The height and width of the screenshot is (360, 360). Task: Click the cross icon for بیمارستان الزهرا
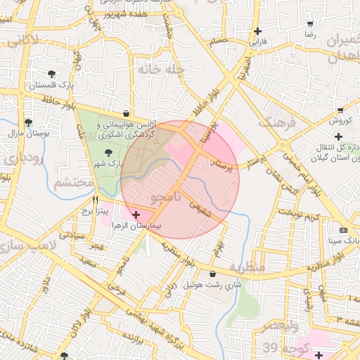(136, 214)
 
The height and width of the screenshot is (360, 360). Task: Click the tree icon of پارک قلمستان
(51, 74)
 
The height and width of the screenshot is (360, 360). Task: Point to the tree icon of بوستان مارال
(27, 122)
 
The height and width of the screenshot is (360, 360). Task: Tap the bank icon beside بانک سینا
(343, 230)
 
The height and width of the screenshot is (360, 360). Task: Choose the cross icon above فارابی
(257, 31)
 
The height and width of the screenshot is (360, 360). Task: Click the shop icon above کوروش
(340, 110)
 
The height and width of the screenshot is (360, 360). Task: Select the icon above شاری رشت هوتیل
(212, 274)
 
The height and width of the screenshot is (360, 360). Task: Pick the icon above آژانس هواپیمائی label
(126, 112)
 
